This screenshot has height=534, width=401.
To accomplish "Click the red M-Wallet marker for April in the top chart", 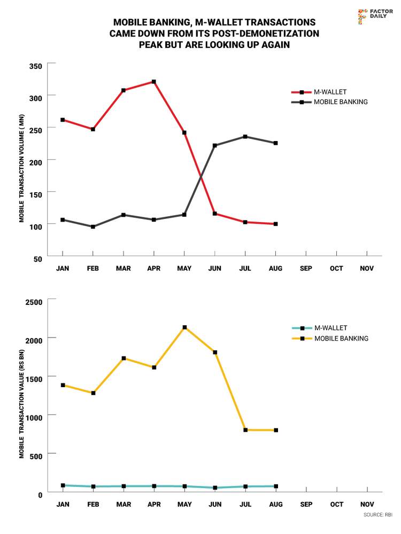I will click(154, 82).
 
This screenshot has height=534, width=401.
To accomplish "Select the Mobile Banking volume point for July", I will click(245, 137).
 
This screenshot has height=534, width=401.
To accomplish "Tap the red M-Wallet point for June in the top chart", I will click(215, 214).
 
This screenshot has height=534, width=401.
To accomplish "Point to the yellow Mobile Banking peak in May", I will click(184, 327).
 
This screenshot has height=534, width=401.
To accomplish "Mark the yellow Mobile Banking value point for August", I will click(276, 430).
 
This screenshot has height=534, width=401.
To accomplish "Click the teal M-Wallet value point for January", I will click(63, 485).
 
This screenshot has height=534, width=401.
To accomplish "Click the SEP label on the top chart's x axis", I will click(306, 268).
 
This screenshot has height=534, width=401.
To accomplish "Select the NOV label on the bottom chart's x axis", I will click(367, 504).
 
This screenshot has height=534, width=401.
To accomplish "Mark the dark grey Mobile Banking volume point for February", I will click(93, 226).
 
